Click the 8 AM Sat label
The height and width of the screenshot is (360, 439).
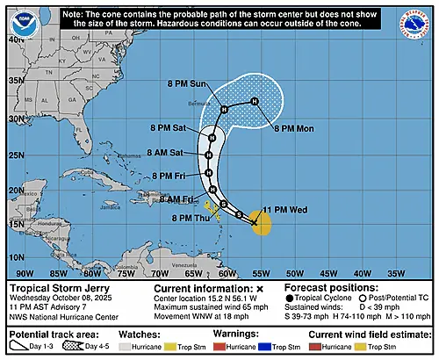click(176, 153)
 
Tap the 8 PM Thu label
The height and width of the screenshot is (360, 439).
click(188, 218)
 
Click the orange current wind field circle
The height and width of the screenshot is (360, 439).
click(259, 221)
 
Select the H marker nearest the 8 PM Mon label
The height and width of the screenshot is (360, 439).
click(254, 102)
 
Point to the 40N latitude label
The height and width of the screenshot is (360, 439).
click(16, 40)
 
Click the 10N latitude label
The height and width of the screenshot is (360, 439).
click(16, 256)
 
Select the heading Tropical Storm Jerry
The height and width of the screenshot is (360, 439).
click(51, 288)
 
